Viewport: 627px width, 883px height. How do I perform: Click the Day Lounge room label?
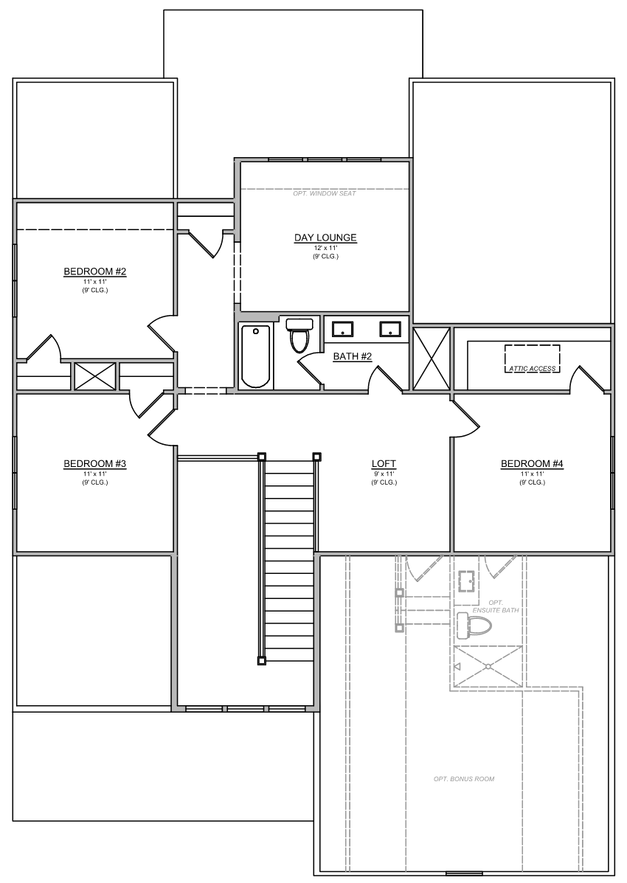click(x=325, y=238)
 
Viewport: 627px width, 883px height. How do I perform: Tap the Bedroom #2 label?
click(x=94, y=271)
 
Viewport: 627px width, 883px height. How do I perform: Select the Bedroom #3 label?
click(x=94, y=464)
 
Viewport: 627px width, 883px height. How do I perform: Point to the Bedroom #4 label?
click(x=532, y=464)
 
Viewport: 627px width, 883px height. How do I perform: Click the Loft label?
click(x=384, y=464)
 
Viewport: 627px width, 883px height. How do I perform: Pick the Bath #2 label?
click(x=353, y=356)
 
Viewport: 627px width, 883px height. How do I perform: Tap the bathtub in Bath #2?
click(x=255, y=356)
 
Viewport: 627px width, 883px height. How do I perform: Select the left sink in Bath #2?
click(x=342, y=329)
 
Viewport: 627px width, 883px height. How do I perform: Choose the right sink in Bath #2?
click(x=389, y=329)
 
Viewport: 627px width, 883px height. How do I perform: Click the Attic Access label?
click(x=533, y=369)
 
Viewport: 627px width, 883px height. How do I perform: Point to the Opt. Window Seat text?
click(x=325, y=194)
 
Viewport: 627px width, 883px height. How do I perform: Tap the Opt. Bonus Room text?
click(x=464, y=779)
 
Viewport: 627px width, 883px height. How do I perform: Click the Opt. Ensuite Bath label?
click(x=496, y=606)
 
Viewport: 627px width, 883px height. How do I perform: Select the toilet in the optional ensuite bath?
click(x=472, y=626)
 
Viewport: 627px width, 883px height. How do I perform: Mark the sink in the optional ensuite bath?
click(x=466, y=581)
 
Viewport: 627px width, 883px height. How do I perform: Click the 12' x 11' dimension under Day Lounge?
click(x=325, y=249)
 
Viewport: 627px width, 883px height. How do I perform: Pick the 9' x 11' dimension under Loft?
click(x=384, y=474)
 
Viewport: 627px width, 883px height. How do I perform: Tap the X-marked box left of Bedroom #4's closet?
click(x=432, y=359)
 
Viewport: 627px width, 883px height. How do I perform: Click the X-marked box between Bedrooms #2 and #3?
click(x=94, y=376)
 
